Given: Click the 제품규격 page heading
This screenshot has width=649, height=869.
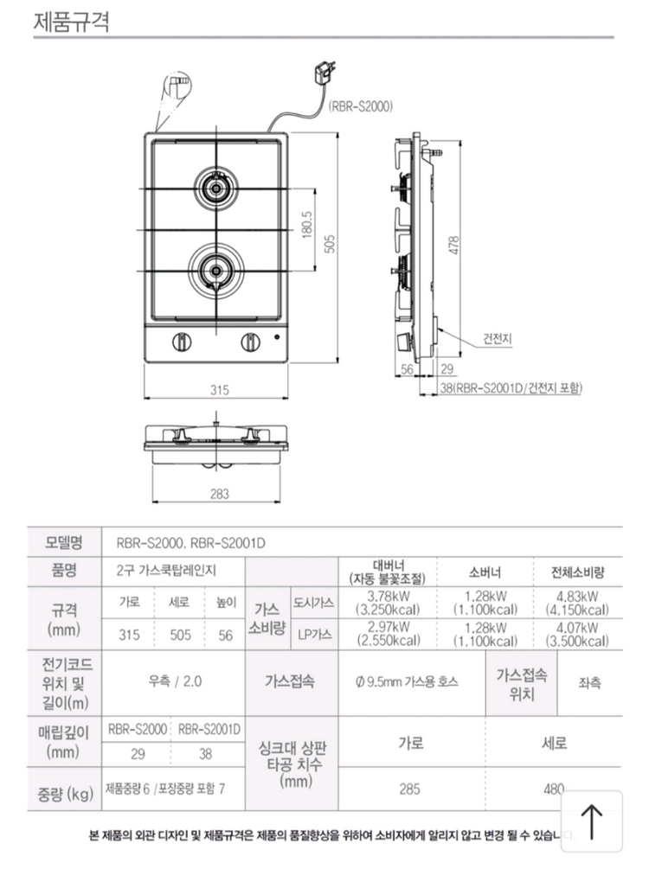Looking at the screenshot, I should point(71,21).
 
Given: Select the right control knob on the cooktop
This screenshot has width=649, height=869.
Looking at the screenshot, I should point(248,343).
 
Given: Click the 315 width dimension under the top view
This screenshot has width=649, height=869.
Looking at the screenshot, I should point(220,391).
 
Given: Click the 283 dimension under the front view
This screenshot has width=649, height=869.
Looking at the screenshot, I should point(220,495).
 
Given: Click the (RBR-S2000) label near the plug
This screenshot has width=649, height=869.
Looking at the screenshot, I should point(361,107).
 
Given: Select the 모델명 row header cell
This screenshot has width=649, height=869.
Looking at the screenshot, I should point(63,543).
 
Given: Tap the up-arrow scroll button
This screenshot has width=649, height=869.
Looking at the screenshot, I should point(593,821).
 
